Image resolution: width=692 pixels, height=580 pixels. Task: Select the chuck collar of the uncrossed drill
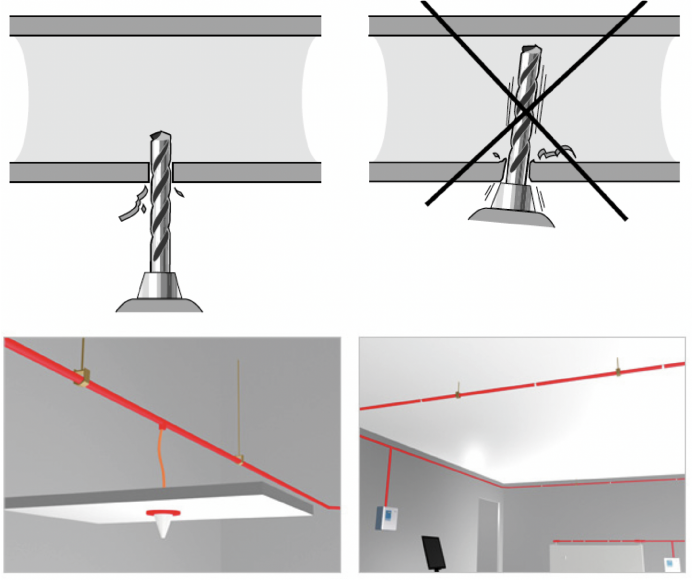(x=160, y=286)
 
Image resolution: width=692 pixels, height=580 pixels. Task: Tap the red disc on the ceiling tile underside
(x=163, y=513)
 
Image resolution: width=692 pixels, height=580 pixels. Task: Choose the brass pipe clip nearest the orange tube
(x=239, y=460)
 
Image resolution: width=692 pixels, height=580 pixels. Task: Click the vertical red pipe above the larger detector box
(x=389, y=476)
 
